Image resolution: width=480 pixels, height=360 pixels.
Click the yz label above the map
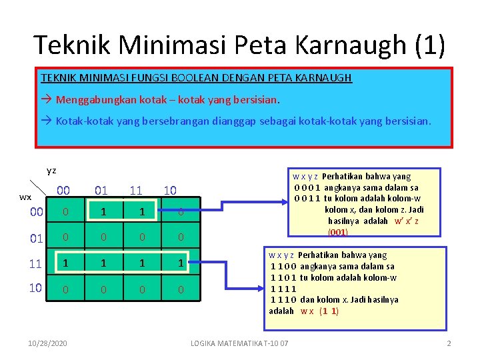(51, 171)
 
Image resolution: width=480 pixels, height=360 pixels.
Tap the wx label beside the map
(25, 197)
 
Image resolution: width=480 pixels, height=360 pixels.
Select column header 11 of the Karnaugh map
(136, 191)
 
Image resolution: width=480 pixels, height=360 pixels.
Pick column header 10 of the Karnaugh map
(170, 191)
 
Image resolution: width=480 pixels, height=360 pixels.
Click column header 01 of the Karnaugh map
(101, 191)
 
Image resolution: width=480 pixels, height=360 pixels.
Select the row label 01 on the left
(37, 238)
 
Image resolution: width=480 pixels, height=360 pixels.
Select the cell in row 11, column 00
(65, 263)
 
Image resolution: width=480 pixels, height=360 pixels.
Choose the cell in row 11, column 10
(181, 263)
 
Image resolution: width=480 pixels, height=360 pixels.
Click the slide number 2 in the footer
(449, 343)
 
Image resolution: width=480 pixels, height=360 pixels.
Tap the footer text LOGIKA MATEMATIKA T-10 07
(239, 343)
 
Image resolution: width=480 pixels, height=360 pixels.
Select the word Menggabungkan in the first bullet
(90, 100)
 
